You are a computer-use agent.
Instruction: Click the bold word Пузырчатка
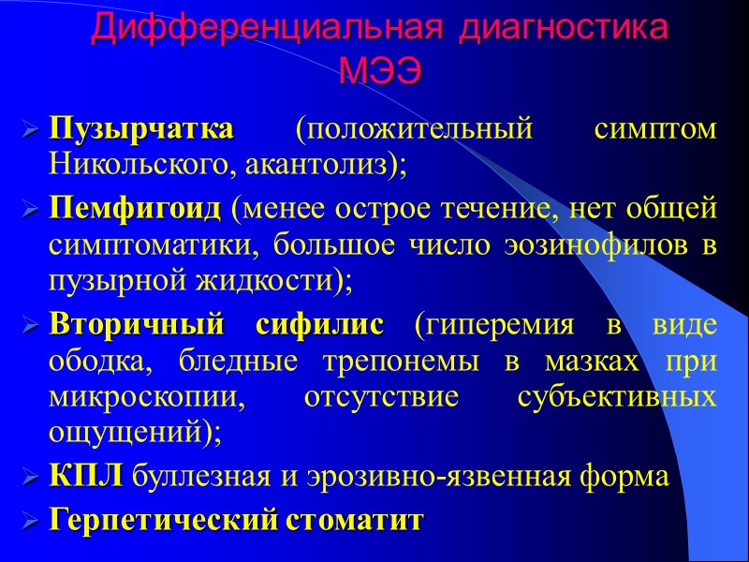point(140,129)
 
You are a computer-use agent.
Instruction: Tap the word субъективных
point(617,397)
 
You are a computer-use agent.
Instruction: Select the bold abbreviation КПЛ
point(85,477)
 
